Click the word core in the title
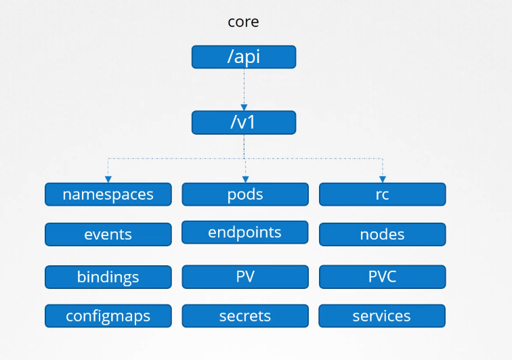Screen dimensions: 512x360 pyautogui.click(x=243, y=22)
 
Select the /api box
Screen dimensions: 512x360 pyautogui.click(x=244, y=57)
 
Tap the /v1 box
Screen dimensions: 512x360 pyautogui.click(x=244, y=122)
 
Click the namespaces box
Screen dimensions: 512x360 pyautogui.click(x=108, y=194)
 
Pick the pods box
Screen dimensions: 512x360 pyautogui.click(x=245, y=194)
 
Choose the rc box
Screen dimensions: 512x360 pyautogui.click(x=383, y=194)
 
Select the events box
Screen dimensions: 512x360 pyautogui.click(x=108, y=234)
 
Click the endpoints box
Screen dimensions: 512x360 pyautogui.click(x=245, y=232)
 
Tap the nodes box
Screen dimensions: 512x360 pyautogui.click(x=383, y=234)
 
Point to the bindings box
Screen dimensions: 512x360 pyautogui.click(x=108, y=277)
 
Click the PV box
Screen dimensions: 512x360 pyautogui.click(x=245, y=277)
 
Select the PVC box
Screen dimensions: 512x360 pyautogui.click(x=383, y=277)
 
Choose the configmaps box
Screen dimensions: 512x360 pyautogui.click(x=108, y=316)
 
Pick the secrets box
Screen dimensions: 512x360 pyautogui.click(x=245, y=316)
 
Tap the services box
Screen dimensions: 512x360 pyautogui.click(x=382, y=316)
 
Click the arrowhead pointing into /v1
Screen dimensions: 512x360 pyautogui.click(x=244, y=108)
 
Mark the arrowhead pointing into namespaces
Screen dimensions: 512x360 pyautogui.click(x=108, y=179)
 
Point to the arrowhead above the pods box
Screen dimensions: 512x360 pyautogui.click(x=246, y=179)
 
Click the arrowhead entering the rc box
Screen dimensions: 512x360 pyautogui.click(x=383, y=179)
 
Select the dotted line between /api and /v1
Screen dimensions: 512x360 pyautogui.click(x=244, y=87)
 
